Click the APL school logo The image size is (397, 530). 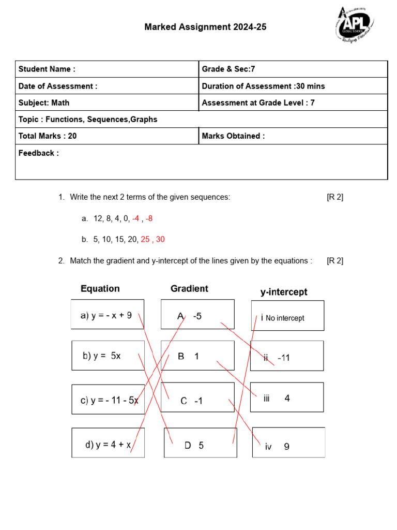point(354,26)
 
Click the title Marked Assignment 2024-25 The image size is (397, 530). point(205,27)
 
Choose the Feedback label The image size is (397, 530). point(39,153)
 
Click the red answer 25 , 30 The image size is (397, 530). point(152,239)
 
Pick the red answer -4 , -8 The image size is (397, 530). point(142,218)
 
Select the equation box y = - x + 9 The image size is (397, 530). point(108,315)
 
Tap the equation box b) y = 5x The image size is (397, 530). point(108,356)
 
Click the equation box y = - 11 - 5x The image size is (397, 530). point(108,400)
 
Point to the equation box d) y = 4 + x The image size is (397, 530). point(108,443)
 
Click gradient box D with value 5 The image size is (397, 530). point(200,443)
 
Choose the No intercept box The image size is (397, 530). point(287,316)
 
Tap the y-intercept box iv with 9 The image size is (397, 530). point(288,443)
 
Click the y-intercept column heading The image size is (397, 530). point(283,292)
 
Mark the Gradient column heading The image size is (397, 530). point(189,289)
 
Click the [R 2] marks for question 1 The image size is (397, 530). point(335,197)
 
